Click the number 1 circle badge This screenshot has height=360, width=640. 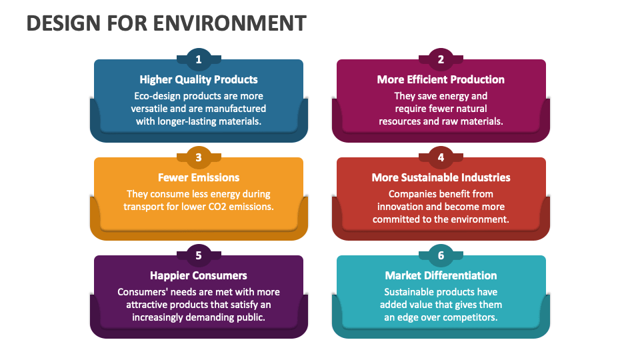(198, 59)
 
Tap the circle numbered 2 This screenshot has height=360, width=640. (441, 59)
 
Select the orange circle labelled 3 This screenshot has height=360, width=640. (198, 157)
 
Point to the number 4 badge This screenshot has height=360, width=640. (441, 157)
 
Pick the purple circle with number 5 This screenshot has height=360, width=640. (198, 255)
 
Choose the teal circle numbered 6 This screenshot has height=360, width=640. (441, 255)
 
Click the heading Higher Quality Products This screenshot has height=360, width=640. (199, 79)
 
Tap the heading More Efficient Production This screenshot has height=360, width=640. (441, 79)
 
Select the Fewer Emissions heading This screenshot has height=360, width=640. (199, 177)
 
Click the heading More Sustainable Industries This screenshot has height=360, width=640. (441, 177)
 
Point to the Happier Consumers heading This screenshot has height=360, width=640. (199, 275)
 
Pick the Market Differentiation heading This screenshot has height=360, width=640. (441, 275)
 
